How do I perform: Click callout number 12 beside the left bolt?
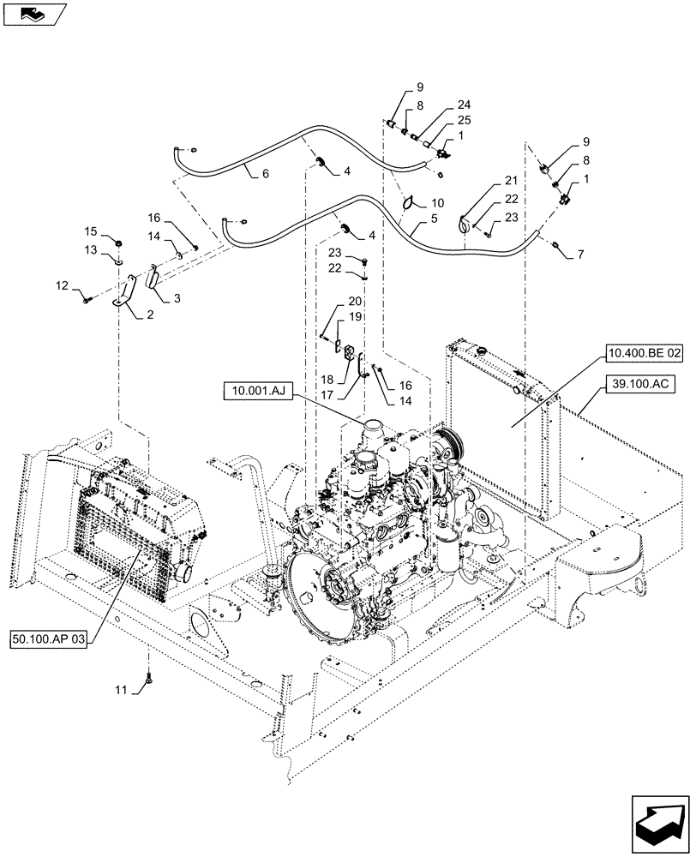[62, 285]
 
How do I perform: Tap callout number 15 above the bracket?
[90, 231]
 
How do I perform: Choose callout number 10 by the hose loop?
[437, 203]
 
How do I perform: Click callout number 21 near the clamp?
[511, 180]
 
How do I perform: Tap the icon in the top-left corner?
[33, 14]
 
